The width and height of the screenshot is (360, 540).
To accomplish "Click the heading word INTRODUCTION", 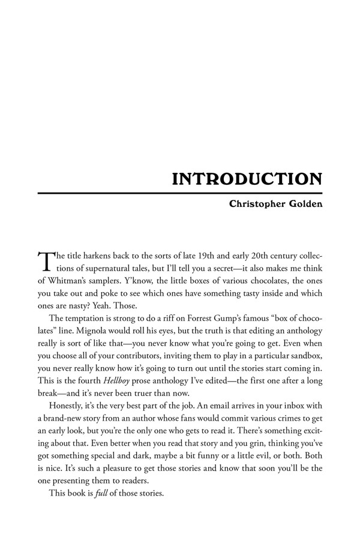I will [x=247, y=179].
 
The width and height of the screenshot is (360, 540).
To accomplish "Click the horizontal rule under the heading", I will [x=180, y=193].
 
